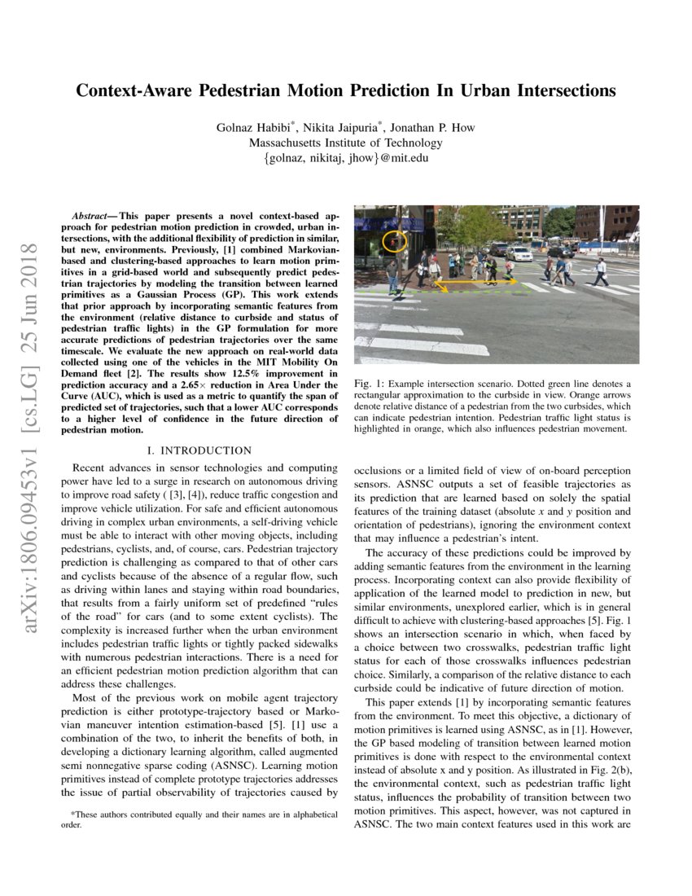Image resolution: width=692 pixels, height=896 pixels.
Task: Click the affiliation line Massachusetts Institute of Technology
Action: [345, 143]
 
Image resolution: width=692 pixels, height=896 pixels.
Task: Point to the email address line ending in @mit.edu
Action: [345, 158]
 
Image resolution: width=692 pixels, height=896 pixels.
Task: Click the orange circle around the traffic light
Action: [395, 241]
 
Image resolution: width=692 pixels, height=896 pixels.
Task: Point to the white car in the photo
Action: [519, 253]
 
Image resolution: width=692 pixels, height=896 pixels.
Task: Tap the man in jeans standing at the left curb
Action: [392, 273]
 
